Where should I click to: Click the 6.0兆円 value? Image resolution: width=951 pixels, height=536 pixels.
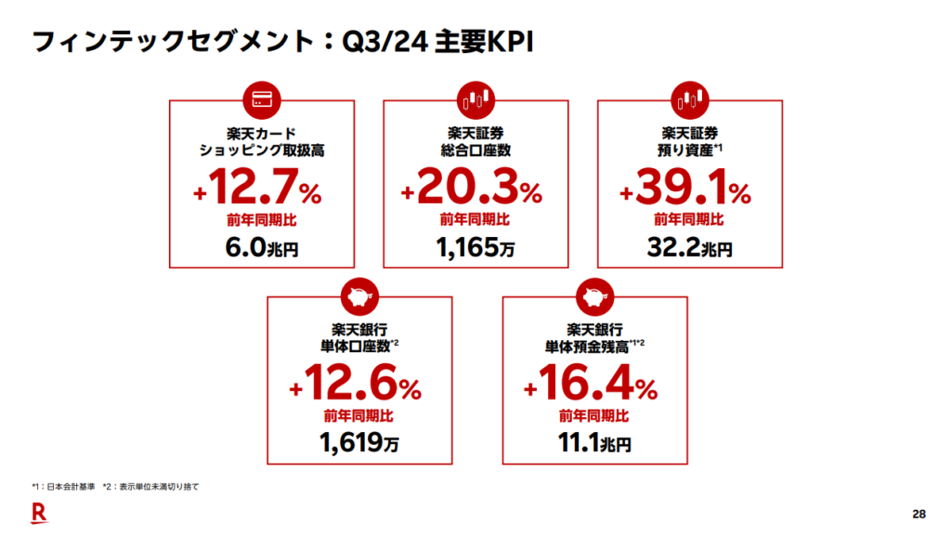tap(262, 248)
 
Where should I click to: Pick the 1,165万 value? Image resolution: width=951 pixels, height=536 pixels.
tap(475, 248)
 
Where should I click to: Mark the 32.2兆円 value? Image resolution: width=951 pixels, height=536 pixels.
tap(688, 248)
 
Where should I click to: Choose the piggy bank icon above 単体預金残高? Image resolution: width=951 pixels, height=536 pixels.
tap(594, 296)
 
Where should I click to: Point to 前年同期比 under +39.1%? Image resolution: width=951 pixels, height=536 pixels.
tap(688, 220)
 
